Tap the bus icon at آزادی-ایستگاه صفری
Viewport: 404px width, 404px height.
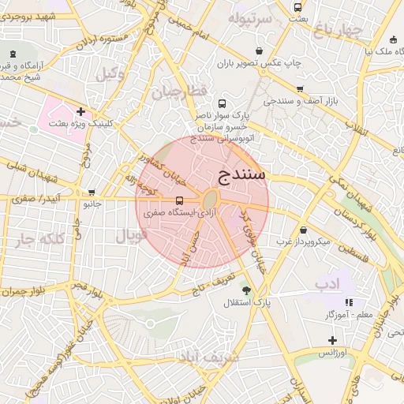tap(180, 200)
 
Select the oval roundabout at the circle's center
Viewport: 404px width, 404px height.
tap(211, 200)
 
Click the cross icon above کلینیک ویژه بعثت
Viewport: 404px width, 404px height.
tap(80, 112)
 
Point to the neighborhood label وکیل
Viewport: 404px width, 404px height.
tap(110, 74)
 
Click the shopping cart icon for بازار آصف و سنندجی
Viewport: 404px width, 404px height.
tap(299, 89)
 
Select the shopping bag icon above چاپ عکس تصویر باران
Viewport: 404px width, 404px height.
tap(259, 50)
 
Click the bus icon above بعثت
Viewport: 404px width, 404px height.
tap(297, 7)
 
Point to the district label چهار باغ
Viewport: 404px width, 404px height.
tap(337, 31)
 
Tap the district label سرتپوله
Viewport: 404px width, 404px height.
tap(250, 17)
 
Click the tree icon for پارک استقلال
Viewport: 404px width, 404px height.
tap(246, 290)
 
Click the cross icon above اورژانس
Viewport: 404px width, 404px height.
tap(332, 340)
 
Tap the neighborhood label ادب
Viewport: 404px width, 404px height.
tap(326, 282)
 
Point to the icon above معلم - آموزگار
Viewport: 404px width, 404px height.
tap(349, 302)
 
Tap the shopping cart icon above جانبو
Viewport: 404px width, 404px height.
tap(92, 192)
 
